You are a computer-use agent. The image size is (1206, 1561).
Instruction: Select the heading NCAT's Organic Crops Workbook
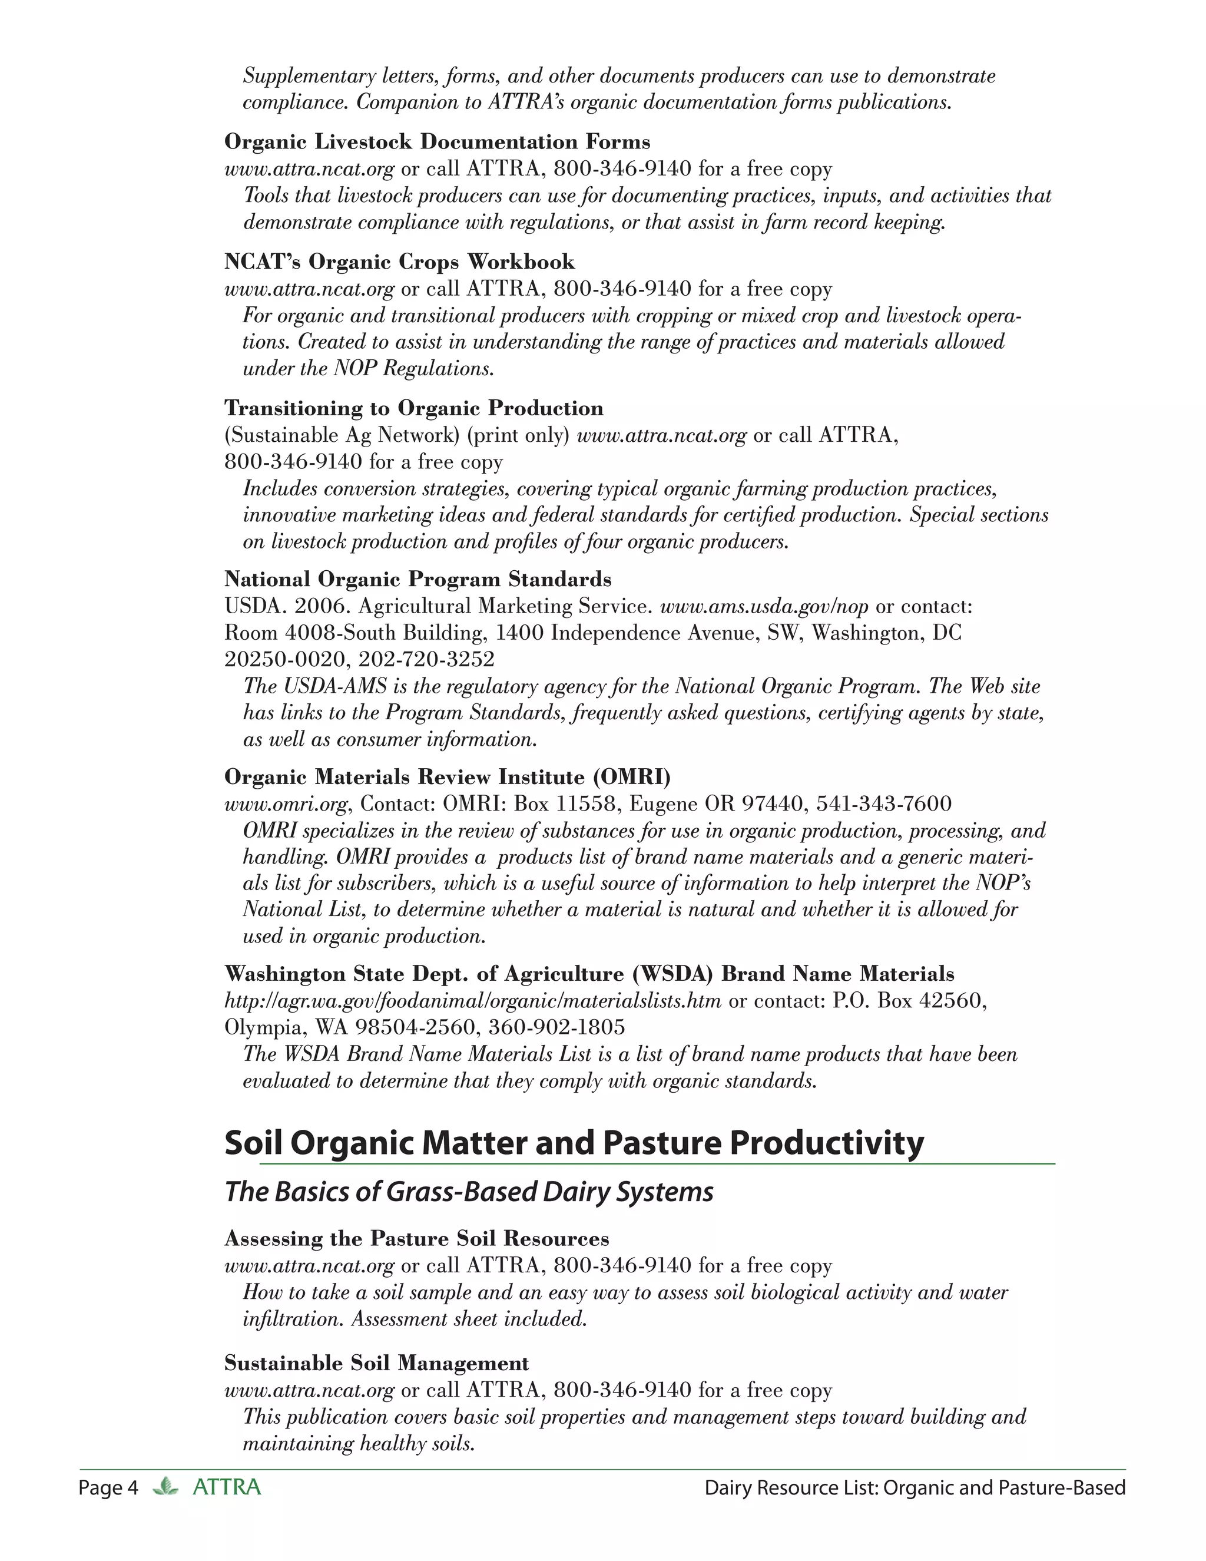[x=399, y=262]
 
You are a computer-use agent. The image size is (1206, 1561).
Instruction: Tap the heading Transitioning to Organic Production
[x=413, y=408]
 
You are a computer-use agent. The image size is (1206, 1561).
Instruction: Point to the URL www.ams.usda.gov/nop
[x=764, y=607]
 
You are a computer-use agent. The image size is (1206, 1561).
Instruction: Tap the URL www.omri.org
[x=286, y=804]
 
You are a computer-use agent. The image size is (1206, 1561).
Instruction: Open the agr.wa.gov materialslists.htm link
[x=472, y=1001]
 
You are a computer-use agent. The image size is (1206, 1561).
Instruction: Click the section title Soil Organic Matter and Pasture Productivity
[x=574, y=1143]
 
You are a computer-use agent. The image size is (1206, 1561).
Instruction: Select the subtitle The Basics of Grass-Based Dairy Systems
[x=469, y=1192]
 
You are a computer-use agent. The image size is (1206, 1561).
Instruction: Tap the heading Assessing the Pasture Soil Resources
[x=416, y=1238]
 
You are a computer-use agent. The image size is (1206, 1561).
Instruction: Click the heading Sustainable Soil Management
[x=376, y=1363]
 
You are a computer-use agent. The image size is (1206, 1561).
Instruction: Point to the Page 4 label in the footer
[x=108, y=1489]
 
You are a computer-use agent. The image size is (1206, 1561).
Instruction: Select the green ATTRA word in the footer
[x=227, y=1488]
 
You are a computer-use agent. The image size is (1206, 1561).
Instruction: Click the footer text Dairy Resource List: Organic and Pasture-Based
[x=915, y=1489]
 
